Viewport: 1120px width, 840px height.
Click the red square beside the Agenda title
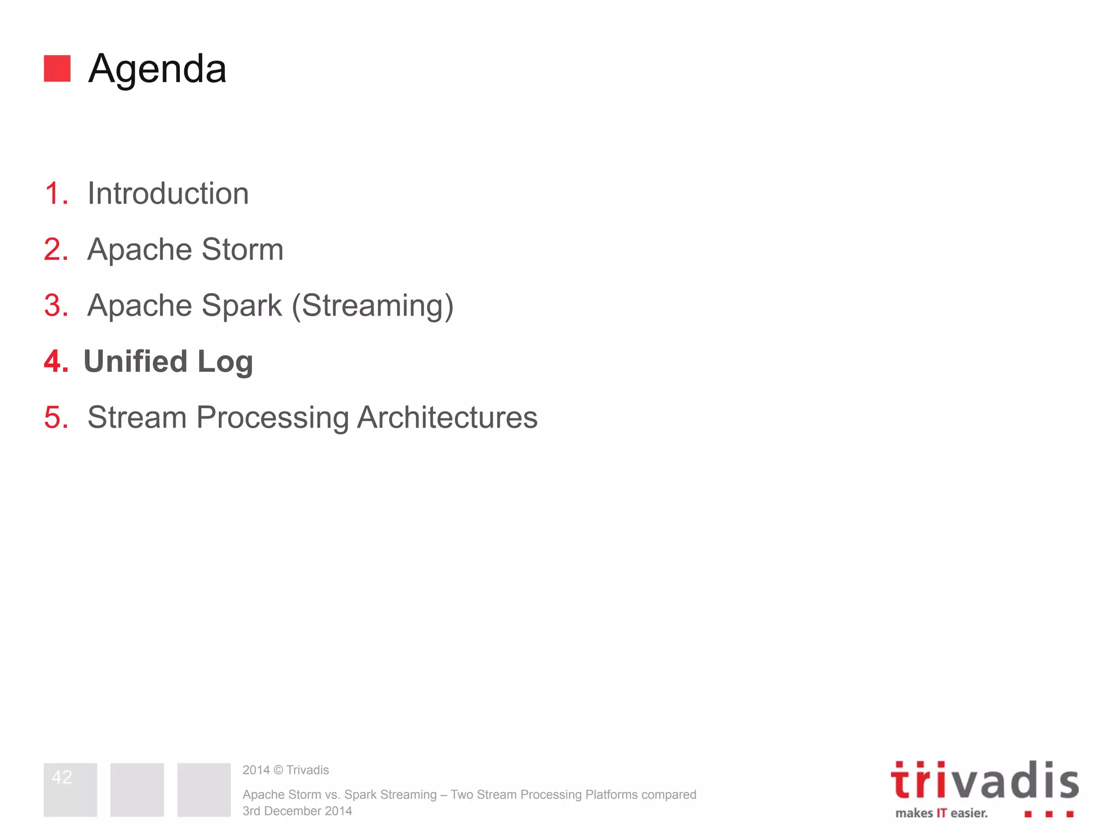57,68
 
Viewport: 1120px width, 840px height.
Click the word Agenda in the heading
157,69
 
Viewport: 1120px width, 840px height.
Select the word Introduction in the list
168,194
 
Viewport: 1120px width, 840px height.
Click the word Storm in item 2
242,249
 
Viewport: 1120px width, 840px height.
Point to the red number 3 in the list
55,305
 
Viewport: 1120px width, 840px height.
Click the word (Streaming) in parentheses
372,305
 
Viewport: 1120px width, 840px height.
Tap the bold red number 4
55,361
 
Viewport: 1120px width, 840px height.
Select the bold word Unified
135,361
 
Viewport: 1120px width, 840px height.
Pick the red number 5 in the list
55,417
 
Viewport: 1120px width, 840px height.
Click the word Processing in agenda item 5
272,418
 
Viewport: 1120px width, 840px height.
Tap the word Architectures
447,417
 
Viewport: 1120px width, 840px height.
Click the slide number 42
62,777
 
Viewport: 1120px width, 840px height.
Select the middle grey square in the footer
137,790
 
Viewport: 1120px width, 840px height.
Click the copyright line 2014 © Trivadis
285,770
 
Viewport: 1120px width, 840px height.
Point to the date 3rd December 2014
297,811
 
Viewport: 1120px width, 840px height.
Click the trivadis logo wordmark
984,780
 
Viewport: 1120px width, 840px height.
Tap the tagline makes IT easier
941,813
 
